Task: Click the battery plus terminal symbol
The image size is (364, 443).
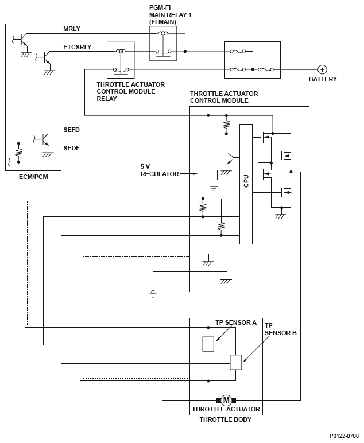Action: (x=322, y=69)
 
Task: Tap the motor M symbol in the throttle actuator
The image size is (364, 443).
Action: (x=226, y=400)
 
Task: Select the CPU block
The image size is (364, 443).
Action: (x=246, y=184)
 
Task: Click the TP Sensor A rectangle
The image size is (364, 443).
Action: (x=208, y=344)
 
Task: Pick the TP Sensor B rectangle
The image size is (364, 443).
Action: (x=236, y=362)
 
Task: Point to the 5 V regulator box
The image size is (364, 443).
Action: (x=208, y=175)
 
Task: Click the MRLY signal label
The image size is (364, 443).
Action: (x=72, y=29)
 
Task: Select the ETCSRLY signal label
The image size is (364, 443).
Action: (x=78, y=47)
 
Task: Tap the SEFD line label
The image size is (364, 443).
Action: (x=72, y=130)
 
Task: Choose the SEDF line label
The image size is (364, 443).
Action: (x=72, y=148)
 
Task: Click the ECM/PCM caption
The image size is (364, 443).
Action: (x=33, y=177)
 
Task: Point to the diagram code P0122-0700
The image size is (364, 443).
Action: (x=344, y=436)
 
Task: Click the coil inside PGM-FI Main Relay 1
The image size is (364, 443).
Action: (x=162, y=33)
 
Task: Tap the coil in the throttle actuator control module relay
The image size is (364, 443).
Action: (x=121, y=51)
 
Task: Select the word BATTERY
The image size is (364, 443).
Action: (x=323, y=79)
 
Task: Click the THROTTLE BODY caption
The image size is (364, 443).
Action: (x=226, y=419)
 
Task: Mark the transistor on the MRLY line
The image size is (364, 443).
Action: (x=20, y=40)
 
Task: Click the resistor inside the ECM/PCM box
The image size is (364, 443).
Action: (x=18, y=152)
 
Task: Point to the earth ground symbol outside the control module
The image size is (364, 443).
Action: (x=153, y=294)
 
